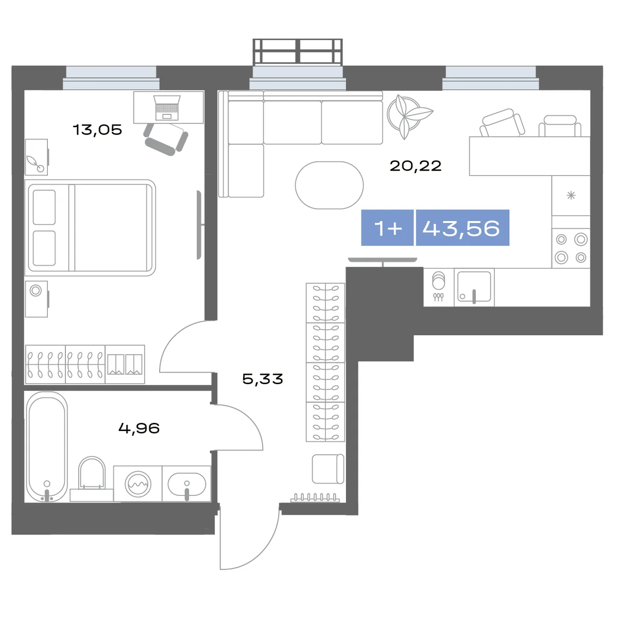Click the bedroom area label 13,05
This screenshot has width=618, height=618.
pos(97,130)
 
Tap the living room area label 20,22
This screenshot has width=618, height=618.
pos(415,166)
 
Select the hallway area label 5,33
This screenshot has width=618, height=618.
pos(263,379)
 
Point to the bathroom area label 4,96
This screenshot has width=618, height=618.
pos(139,428)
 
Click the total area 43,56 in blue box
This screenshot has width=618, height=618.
pos(461,229)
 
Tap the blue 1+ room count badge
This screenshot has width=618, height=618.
pos(387,228)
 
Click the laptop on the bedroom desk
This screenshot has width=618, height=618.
pos(167,108)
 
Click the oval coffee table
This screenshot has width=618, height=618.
pos(330,185)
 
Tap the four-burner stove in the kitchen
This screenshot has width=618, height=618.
pos(571,248)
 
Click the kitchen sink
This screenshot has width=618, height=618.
pos(474,287)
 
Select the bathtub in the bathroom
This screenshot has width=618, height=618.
pos(47,447)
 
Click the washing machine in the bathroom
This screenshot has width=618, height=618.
pos(138,484)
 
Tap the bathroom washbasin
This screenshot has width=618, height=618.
pos(186,484)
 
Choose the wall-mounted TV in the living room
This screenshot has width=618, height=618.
pos(383,260)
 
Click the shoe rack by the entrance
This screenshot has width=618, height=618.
pos(315,497)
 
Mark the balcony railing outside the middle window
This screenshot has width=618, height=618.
pos(298,51)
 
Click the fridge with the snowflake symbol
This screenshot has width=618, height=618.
pos(571,195)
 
